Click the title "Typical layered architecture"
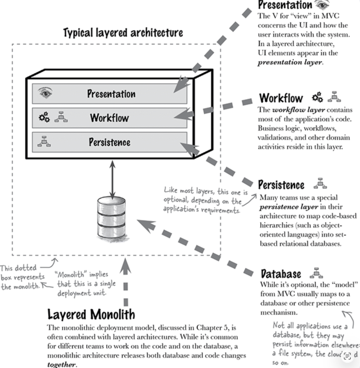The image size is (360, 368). pos(123,33)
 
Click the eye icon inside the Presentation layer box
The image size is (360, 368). pos(45,93)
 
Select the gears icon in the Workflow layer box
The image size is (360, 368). pos(44,117)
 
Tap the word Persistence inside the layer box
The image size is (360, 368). pos(109,142)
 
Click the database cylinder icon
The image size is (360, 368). pos(112,218)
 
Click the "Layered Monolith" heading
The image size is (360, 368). pos(91,314)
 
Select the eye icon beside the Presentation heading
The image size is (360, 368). pos(322,5)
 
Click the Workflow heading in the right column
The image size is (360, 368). pos(281,98)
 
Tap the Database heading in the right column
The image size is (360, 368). pos(281,274)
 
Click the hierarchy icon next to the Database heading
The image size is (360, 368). pos(316,273)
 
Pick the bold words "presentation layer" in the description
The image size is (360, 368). pos(290,62)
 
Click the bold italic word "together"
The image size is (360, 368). pos(61,364)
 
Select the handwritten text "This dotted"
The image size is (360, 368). pos(18,268)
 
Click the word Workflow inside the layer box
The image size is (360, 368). pos(109,118)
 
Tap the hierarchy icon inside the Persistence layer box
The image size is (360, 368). pos(44,141)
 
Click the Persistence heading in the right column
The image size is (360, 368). pos(281,185)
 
